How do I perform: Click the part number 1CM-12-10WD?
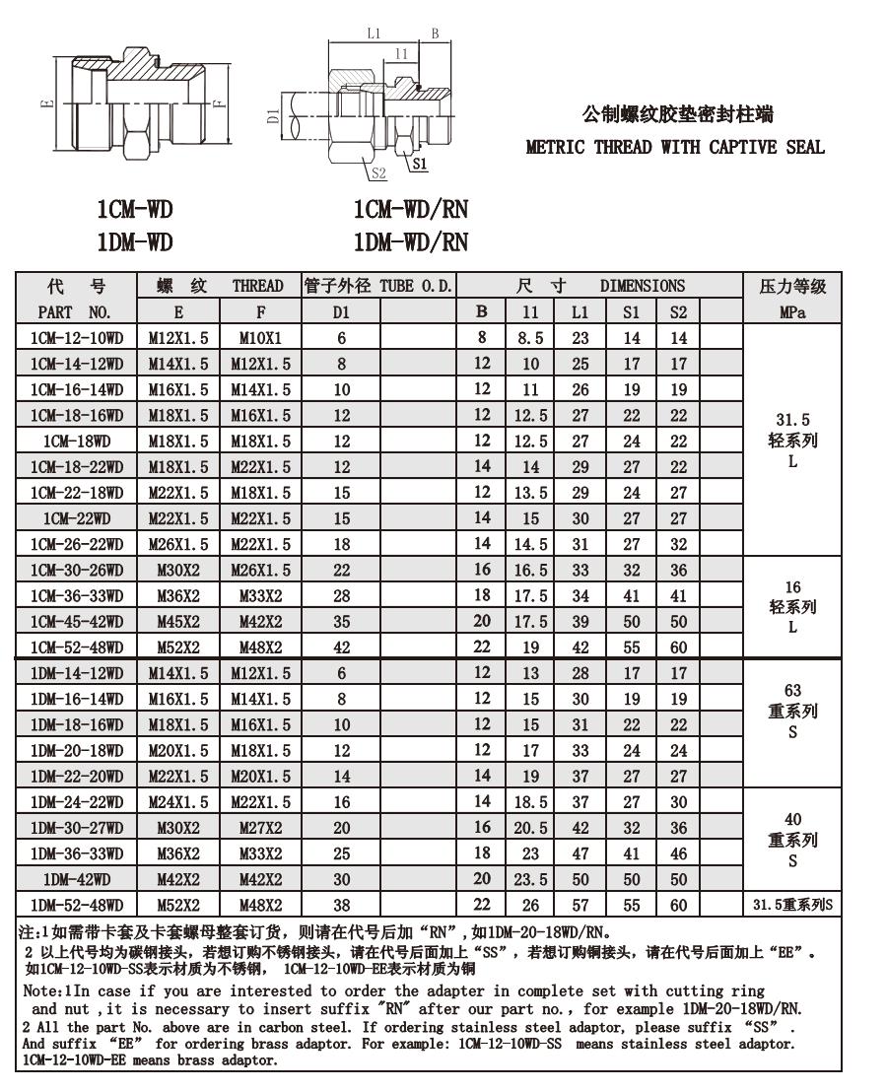[76, 338]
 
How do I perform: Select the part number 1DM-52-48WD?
[76, 905]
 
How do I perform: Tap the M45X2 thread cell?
[178, 621]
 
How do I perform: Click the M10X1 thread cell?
[260, 338]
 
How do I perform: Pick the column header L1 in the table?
[580, 312]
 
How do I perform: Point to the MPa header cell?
[792, 312]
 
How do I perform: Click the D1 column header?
[341, 312]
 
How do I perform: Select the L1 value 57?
[580, 905]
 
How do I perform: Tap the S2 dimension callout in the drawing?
[378, 174]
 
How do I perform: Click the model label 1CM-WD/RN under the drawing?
[410, 209]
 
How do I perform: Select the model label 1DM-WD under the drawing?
[135, 241]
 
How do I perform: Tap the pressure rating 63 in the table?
[792, 691]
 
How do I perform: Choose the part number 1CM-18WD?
[76, 441]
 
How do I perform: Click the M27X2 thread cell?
[260, 828]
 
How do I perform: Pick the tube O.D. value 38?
[341, 905]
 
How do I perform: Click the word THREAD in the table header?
[258, 287]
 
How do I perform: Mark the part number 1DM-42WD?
[76, 879]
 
